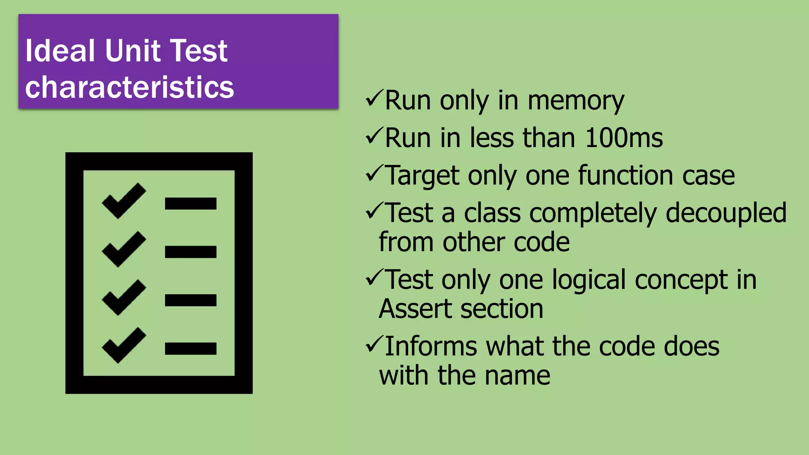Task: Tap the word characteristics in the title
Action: coord(130,87)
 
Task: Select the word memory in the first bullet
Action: coord(576,101)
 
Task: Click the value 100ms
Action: coord(624,138)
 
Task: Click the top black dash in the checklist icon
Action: coord(190,203)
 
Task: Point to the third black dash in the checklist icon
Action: coord(190,300)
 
